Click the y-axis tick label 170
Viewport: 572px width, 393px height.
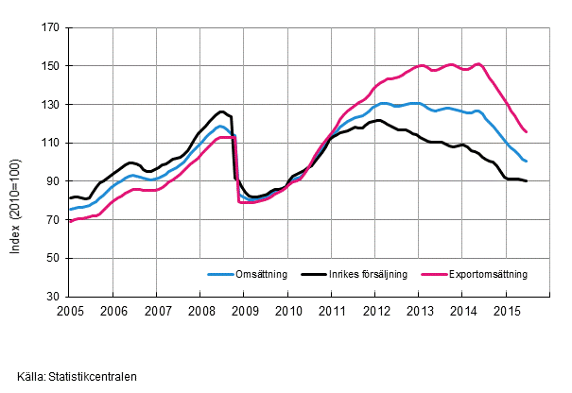pyautogui.click(x=52, y=28)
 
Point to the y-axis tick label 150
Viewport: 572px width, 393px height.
pyautogui.click(x=52, y=66)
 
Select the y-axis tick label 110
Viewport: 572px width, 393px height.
pyautogui.click(x=52, y=143)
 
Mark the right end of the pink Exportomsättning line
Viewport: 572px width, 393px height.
pyautogui.click(x=527, y=132)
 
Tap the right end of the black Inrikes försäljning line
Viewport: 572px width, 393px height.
pyautogui.click(x=527, y=180)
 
